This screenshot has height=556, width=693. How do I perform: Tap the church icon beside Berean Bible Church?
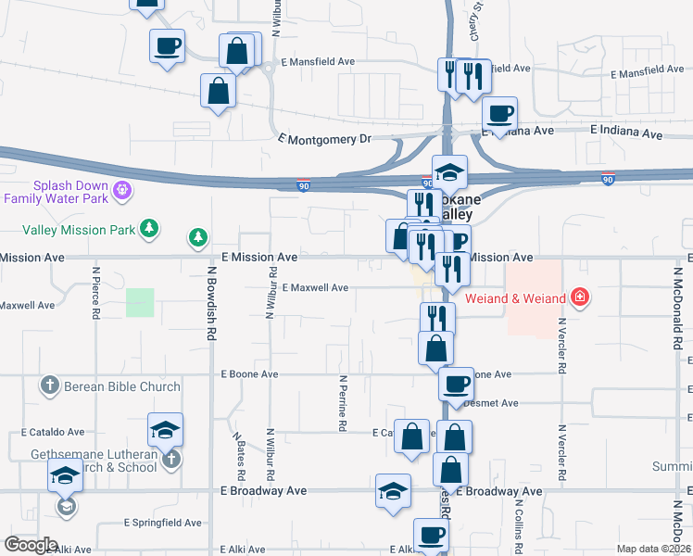click(x=50, y=385)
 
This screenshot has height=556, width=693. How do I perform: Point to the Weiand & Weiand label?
click(x=523, y=297)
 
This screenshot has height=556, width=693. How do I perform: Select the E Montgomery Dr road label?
click(x=323, y=139)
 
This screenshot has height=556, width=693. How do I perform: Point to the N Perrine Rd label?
click(x=343, y=402)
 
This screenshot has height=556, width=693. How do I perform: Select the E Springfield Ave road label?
click(x=162, y=523)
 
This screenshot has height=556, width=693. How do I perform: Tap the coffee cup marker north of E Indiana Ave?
click(x=499, y=113)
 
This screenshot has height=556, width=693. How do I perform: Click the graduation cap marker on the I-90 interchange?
click(x=449, y=171)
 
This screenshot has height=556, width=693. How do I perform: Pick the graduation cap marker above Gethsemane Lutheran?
click(x=165, y=429)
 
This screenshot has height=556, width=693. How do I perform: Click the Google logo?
click(x=31, y=545)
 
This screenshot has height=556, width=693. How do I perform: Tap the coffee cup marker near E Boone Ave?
click(x=455, y=382)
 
